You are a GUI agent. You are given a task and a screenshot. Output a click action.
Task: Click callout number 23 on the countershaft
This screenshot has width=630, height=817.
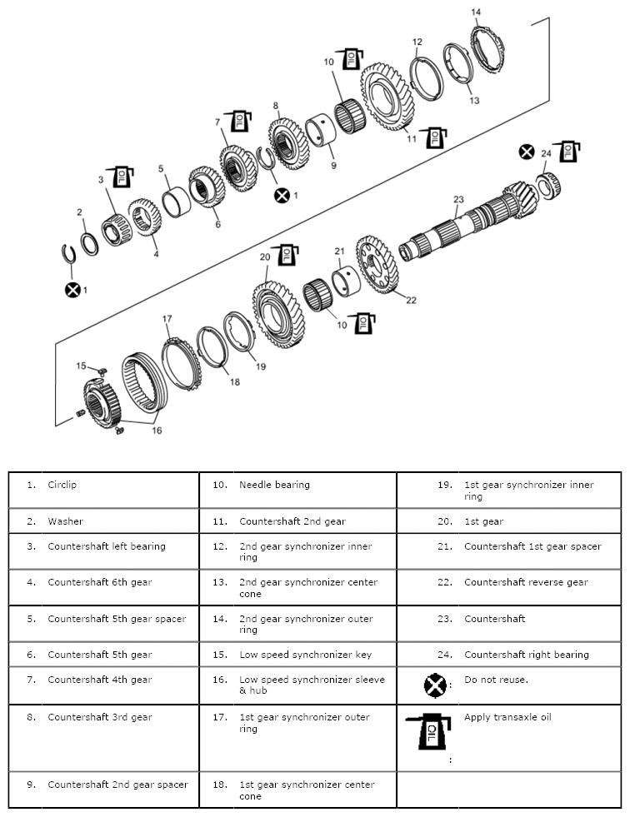pyautogui.click(x=457, y=199)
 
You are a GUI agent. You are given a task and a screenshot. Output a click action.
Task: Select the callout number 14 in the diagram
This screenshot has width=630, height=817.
pyautogui.click(x=476, y=12)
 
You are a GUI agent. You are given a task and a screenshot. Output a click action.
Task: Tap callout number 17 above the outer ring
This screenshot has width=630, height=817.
pyautogui.click(x=167, y=319)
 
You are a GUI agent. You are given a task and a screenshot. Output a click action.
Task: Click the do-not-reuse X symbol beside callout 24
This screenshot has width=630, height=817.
pyautogui.click(x=526, y=152)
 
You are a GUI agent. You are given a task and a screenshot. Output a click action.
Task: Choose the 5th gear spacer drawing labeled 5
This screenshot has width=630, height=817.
pyautogui.click(x=177, y=202)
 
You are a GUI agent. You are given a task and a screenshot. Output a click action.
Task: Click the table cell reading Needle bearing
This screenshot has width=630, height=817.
pyautogui.click(x=274, y=485)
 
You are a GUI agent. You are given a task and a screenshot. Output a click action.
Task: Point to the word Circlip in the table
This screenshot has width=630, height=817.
pyautogui.click(x=62, y=485)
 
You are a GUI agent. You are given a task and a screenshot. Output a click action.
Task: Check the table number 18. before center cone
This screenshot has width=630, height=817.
pyautogui.click(x=219, y=785)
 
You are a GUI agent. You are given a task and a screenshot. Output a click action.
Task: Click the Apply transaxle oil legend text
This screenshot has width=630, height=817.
pyautogui.click(x=507, y=717)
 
